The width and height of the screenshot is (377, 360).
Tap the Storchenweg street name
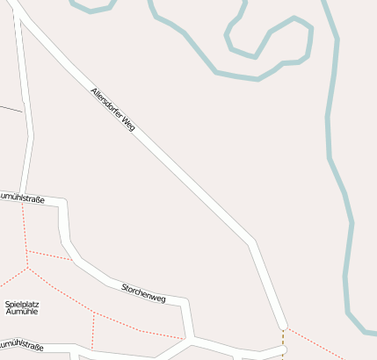pyautogui.click(x=143, y=292)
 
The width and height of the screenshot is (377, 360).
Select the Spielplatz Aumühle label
pyautogui.click(x=21, y=307)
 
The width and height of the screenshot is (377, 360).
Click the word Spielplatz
pyautogui.click(x=21, y=304)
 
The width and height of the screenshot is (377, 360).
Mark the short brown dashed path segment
pyautogui.click(x=283, y=336)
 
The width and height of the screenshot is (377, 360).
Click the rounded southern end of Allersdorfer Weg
pyautogui.click(x=282, y=324)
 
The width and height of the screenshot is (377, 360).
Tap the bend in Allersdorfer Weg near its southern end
pyautogui.click(x=252, y=241)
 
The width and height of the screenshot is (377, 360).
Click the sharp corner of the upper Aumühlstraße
pyautogui.click(x=64, y=203)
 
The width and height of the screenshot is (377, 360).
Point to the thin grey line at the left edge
pyautogui.click(x=11, y=109)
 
